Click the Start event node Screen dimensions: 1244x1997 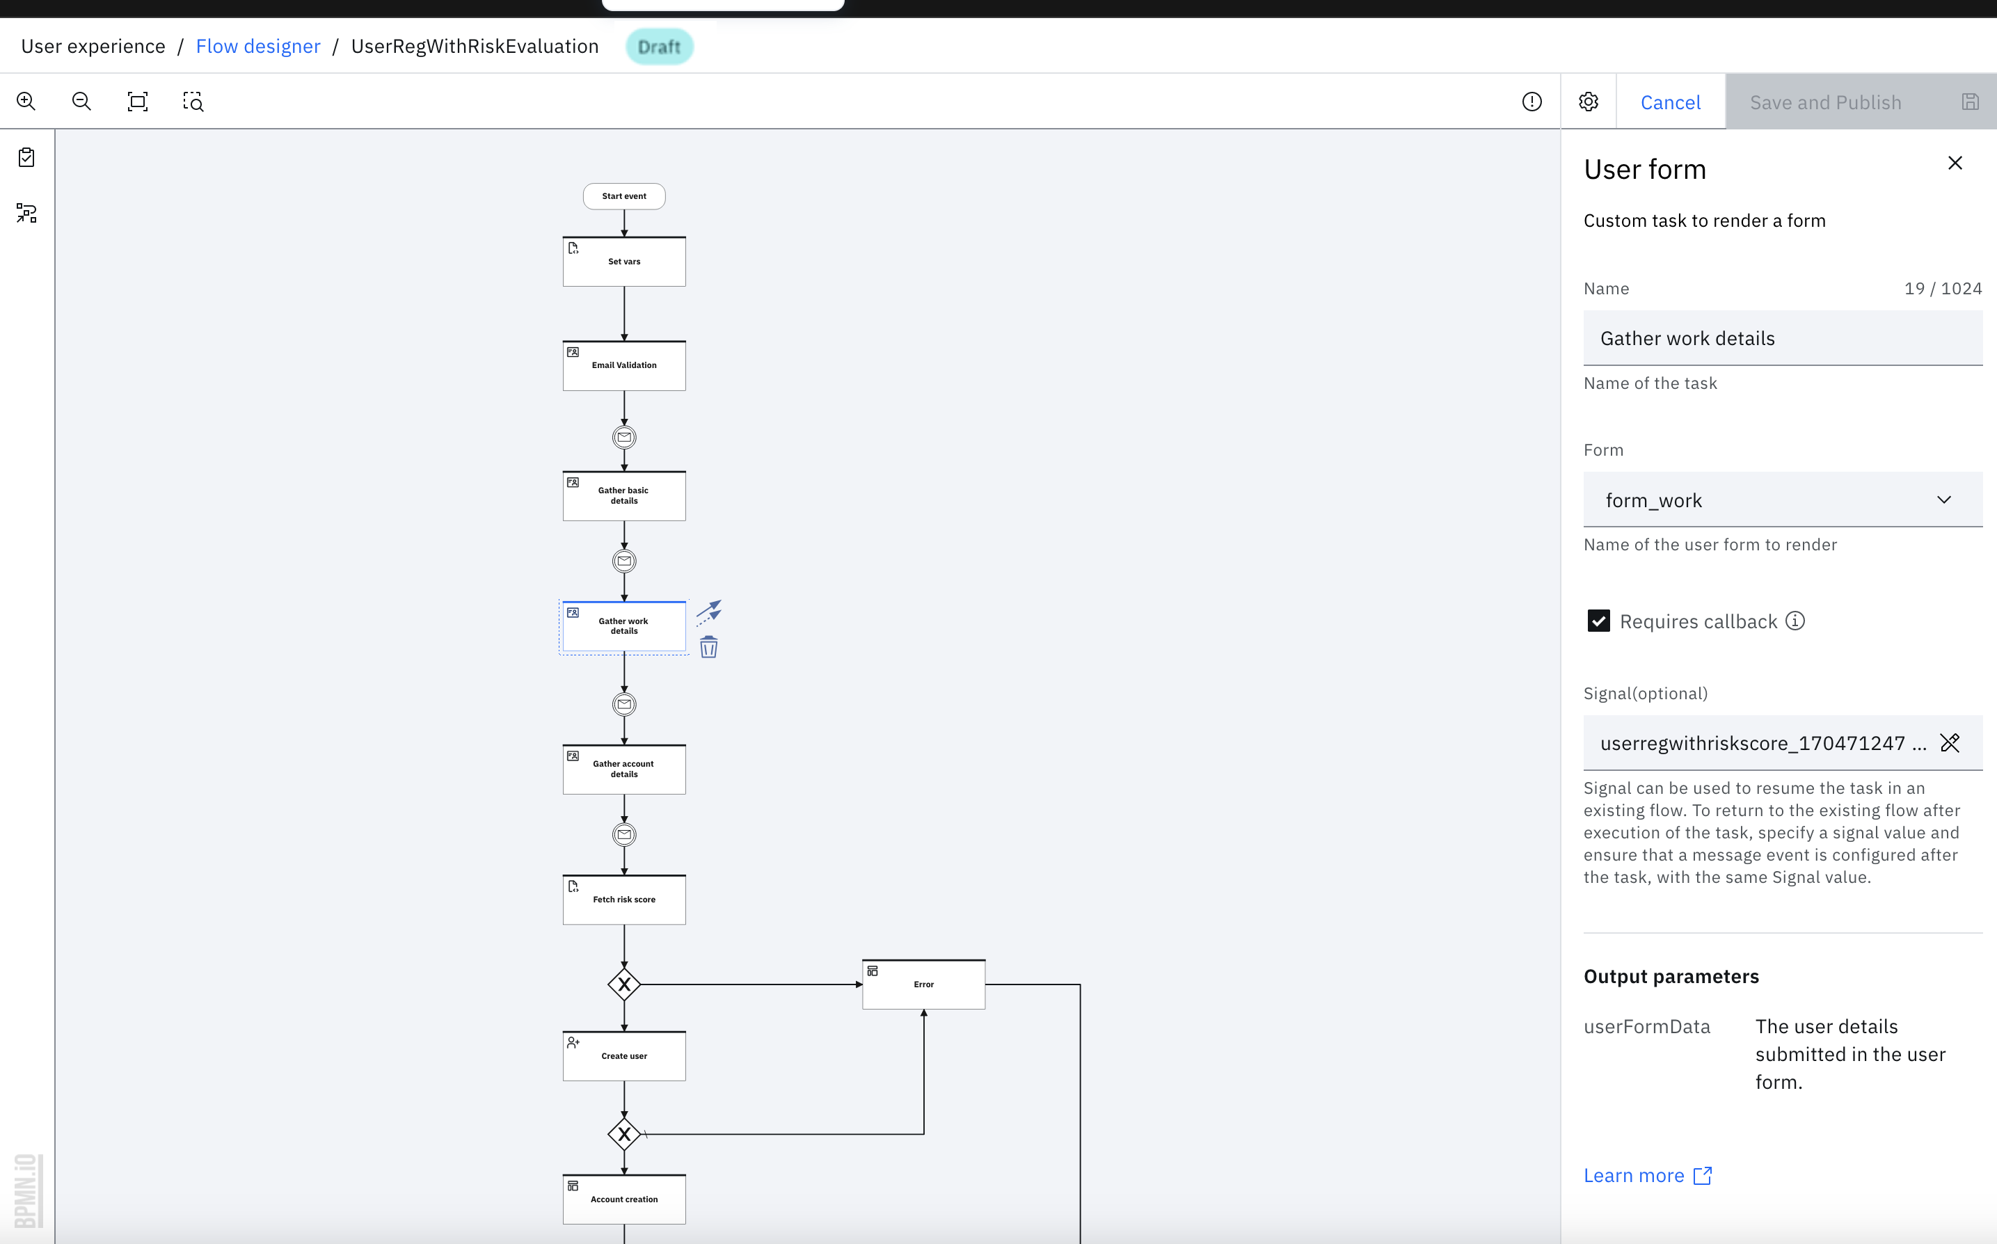623,196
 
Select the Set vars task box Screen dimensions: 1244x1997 623,262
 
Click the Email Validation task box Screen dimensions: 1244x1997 623,365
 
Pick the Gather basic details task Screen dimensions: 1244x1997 623,495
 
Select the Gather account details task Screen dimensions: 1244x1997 623,769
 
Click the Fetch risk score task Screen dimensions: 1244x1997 623,900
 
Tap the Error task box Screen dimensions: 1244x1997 923,984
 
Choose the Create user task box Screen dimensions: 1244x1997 623,1055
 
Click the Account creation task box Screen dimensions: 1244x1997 623,1199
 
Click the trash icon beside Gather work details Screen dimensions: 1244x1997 708,648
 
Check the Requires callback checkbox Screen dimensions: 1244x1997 1598,621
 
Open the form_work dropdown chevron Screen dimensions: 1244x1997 1943,500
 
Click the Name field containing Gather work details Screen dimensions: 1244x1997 1781,338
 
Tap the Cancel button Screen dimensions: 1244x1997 1671,102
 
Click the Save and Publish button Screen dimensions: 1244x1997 1825,102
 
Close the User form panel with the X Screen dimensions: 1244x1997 1955,163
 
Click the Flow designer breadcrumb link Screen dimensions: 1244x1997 257,46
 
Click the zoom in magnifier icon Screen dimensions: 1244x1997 26,101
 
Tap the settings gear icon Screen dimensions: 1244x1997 1588,101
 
